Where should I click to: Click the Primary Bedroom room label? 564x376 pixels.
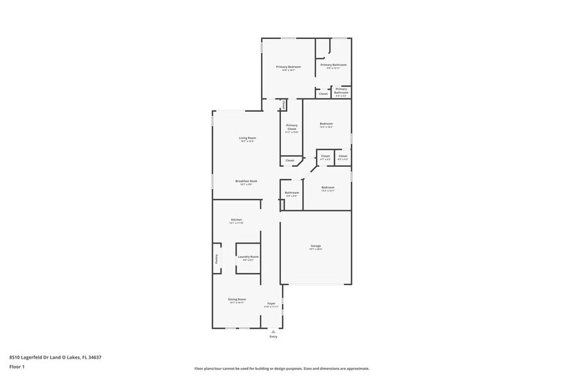coord(288,67)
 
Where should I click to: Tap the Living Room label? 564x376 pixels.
coord(247,138)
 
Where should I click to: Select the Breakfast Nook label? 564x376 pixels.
coord(246,181)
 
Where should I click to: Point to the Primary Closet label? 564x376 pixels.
coord(292,127)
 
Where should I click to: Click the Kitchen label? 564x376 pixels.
coord(237,219)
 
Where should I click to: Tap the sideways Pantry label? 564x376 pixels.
coord(216,259)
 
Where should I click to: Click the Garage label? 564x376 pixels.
coord(315,246)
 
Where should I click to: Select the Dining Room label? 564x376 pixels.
coord(237,299)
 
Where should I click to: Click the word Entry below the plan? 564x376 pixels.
coord(274,336)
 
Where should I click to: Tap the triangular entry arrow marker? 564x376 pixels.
coord(274,331)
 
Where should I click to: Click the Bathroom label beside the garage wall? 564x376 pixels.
coord(292,192)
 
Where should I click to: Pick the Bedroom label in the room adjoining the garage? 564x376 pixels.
coord(327,187)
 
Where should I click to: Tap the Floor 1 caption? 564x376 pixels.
coord(17,367)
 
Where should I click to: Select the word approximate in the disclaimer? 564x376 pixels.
coord(356,368)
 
